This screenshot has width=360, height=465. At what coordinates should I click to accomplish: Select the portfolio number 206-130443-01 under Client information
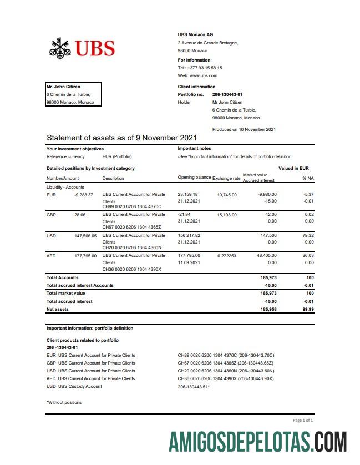(227, 94)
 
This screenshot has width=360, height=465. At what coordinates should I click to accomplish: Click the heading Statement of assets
(121, 138)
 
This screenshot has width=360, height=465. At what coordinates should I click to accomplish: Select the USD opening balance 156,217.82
(189, 235)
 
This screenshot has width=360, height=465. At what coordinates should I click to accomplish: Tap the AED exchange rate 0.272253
(227, 256)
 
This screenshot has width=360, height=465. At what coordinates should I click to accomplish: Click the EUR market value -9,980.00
(267, 195)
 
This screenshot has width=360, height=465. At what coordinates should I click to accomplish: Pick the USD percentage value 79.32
(308, 235)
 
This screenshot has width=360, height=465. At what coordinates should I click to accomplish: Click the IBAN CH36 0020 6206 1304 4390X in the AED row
(131, 269)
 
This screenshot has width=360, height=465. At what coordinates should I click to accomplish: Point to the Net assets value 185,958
(268, 309)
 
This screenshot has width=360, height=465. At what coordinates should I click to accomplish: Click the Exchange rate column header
(226, 178)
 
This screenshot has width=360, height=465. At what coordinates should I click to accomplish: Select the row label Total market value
(65, 293)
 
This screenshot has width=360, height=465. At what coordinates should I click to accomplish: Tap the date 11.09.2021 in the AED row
(189, 262)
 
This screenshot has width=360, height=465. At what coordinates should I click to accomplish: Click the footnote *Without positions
(64, 402)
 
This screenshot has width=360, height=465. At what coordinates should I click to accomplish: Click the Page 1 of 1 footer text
(303, 421)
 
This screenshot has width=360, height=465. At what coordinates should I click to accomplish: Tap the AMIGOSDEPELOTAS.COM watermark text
(258, 443)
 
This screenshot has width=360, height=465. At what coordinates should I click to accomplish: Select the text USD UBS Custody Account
(74, 386)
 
